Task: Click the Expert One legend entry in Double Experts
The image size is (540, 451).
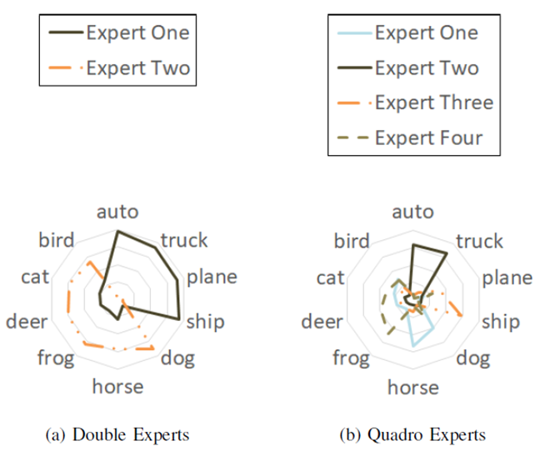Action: [117, 34]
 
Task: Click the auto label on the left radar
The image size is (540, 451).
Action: [117, 212]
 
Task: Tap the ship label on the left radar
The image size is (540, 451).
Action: [204, 321]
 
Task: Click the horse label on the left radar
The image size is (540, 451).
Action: [117, 387]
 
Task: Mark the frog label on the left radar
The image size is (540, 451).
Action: [56, 359]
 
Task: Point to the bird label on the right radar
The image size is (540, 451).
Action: [352, 242]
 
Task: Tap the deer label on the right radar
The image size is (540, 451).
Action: [321, 322]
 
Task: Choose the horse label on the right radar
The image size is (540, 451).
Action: [412, 387]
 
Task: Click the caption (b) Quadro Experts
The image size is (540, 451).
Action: [413, 434]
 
